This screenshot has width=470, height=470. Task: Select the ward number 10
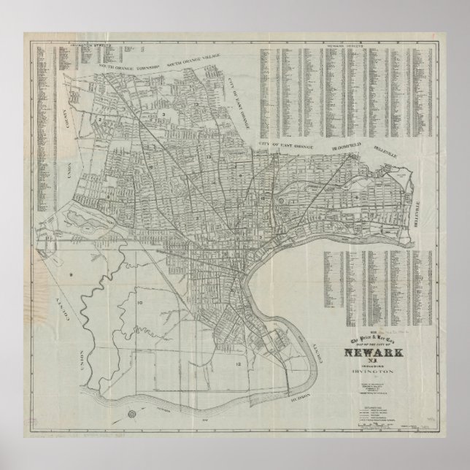pos(140,301)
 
